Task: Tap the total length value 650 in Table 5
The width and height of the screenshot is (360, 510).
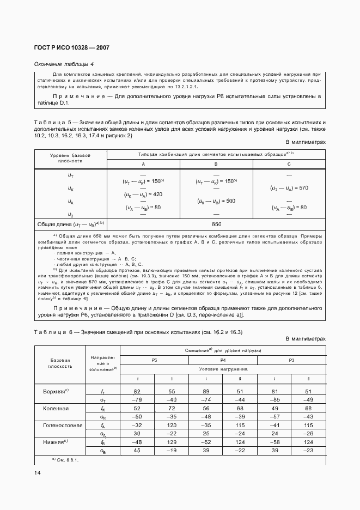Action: pos(216,224)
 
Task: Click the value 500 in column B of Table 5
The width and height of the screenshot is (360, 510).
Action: pos(216,201)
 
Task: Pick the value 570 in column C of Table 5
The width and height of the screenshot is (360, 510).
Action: pos(289,188)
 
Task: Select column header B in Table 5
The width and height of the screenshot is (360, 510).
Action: pos(216,163)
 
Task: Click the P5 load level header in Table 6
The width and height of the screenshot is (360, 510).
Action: pos(155,360)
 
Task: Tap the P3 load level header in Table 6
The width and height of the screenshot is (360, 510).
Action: pos(291,360)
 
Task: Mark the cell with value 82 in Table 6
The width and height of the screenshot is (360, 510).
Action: pos(137,392)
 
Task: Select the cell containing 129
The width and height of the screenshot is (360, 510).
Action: pos(172,442)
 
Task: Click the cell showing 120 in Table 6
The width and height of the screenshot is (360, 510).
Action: pos(172,425)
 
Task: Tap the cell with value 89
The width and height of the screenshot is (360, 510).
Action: pos(206,392)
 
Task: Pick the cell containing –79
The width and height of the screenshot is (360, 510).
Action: pos(137,400)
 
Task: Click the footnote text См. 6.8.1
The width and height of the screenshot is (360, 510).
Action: pos(68,459)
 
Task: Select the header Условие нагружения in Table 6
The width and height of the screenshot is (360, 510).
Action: pos(223,369)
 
